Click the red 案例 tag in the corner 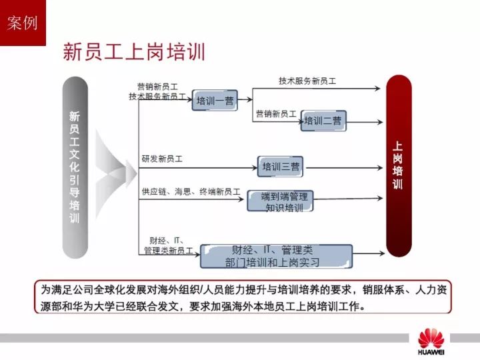[23, 23]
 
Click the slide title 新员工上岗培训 [134, 51]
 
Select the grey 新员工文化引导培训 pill [75, 167]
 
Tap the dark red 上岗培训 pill [399, 165]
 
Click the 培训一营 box [215, 100]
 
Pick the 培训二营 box [323, 121]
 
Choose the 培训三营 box [280, 167]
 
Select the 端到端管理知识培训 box [280, 201]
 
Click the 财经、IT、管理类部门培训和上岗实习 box [276, 256]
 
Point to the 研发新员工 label [162, 159]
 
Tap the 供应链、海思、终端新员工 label [191, 191]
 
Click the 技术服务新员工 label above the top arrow [307, 81]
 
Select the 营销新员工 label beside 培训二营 [276, 114]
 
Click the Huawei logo [431, 341]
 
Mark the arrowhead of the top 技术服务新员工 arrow [378, 89]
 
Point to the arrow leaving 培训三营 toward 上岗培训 [345, 168]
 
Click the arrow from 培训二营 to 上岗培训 [365, 122]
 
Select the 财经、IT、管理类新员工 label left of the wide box [169, 246]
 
